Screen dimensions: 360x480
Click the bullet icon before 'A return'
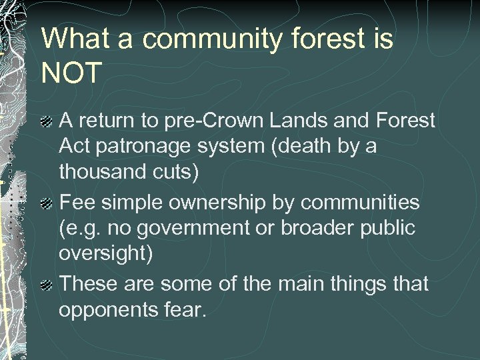click(x=46, y=122)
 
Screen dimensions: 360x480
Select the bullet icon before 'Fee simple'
click(x=46, y=203)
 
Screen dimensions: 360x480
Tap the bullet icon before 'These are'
click(x=46, y=285)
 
